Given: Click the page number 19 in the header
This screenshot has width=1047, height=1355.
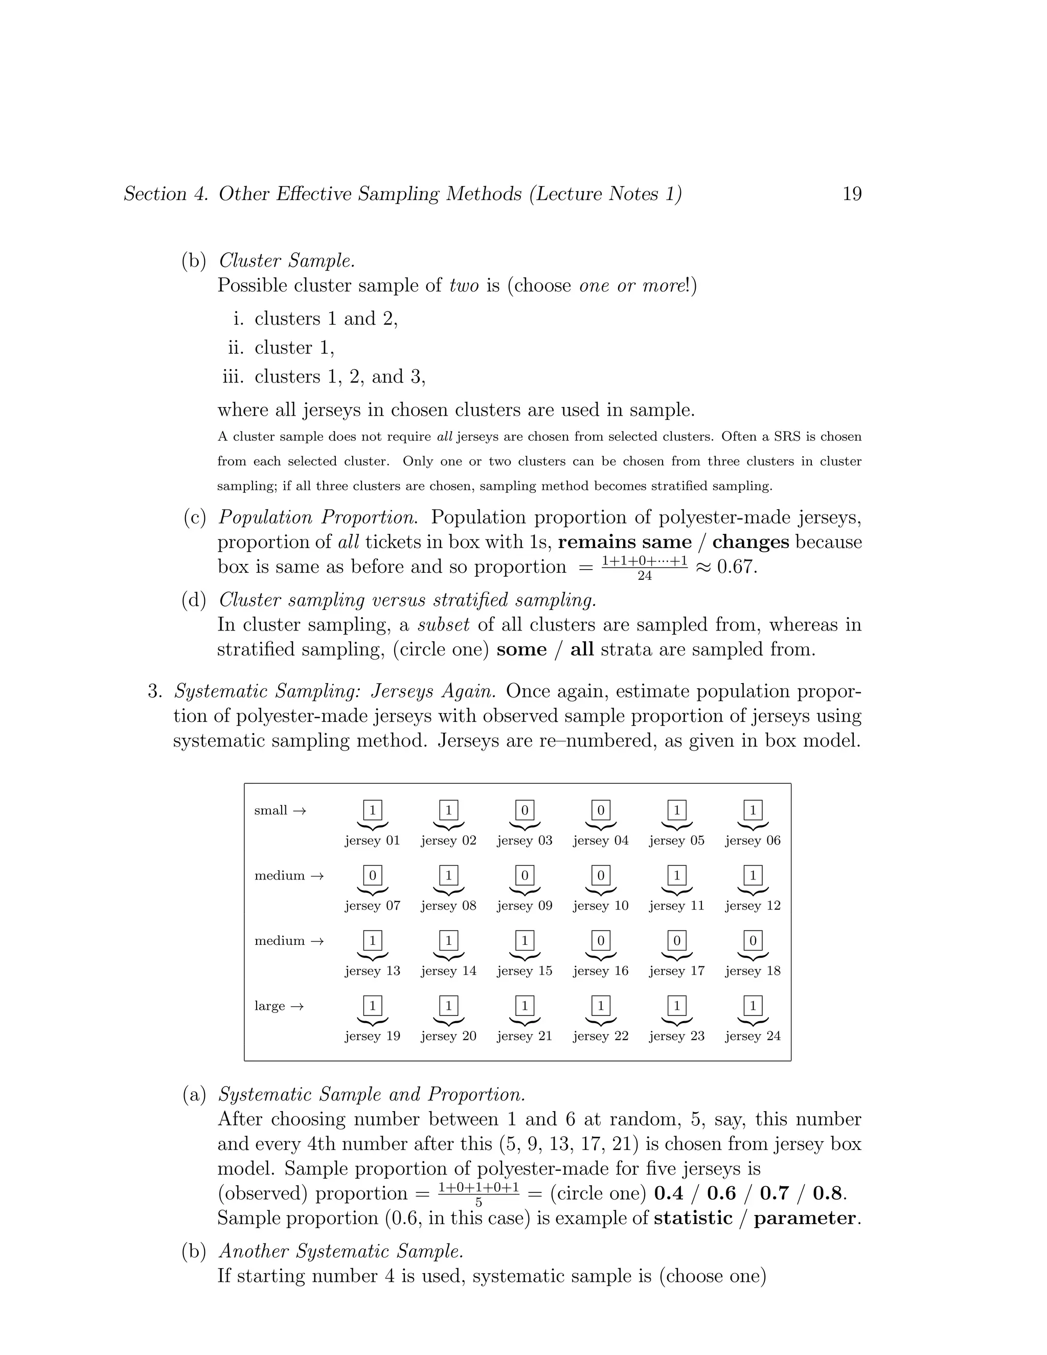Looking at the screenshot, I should pyautogui.click(x=852, y=194).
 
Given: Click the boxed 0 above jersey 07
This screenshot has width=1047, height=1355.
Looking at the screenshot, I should pyautogui.click(x=372, y=875).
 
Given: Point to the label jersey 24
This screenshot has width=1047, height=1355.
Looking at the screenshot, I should pyautogui.click(x=753, y=1035).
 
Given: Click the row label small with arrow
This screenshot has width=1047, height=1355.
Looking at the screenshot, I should pyautogui.click(x=280, y=810).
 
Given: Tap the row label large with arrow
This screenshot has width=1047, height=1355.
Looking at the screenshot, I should pyautogui.click(x=279, y=1006).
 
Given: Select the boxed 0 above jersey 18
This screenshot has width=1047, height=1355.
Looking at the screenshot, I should pyautogui.click(x=753, y=940).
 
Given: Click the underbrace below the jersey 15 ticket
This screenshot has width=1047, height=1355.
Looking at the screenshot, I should pyautogui.click(x=525, y=956).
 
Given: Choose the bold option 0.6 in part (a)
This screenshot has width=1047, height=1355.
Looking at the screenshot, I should pyautogui.click(x=721, y=1193).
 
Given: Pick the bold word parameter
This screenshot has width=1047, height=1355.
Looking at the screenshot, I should pyautogui.click(x=806, y=1218).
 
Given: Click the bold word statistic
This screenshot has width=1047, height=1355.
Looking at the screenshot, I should pyautogui.click(x=693, y=1218).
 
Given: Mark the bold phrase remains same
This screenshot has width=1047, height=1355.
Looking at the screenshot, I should pyautogui.click(x=624, y=541).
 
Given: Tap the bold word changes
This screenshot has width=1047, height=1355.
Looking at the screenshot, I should pyautogui.click(x=750, y=541).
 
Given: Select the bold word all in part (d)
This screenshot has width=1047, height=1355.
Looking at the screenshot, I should pyautogui.click(x=582, y=649).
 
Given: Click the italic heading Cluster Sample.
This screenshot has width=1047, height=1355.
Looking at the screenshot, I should pyautogui.click(x=287, y=261).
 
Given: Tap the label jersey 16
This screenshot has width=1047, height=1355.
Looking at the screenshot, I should pyautogui.click(x=600, y=970).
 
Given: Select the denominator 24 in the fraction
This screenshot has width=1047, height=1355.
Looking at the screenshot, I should pyautogui.click(x=645, y=576).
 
